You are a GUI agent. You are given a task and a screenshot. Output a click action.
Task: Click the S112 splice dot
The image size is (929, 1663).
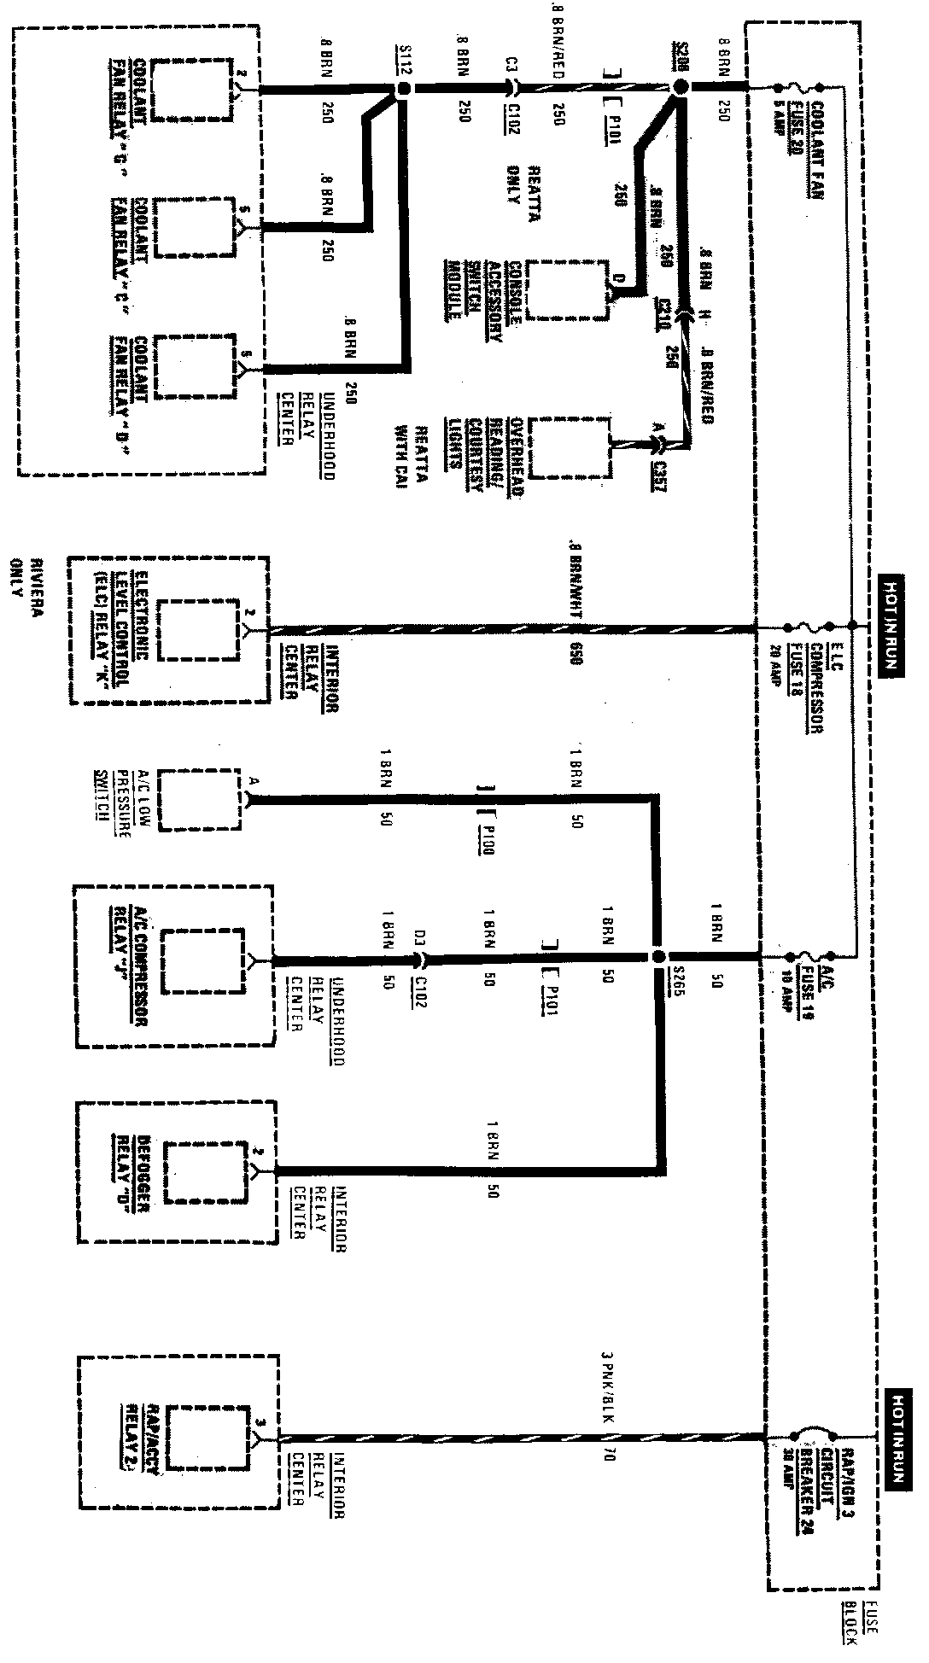coord(404,88)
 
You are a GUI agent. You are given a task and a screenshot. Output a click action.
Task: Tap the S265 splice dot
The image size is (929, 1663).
coord(657,957)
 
